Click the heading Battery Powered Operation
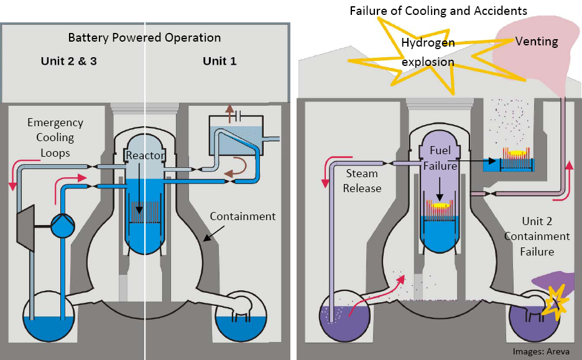click(144, 38)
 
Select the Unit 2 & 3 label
click(69, 61)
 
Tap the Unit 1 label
click(219, 61)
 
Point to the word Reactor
click(144, 155)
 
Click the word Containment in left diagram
click(242, 216)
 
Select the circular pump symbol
click(62, 225)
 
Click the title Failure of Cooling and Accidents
click(438, 11)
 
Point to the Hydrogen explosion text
click(427, 52)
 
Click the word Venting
click(537, 42)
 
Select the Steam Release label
click(363, 181)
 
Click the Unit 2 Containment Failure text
click(537, 236)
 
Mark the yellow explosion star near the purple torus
click(554, 300)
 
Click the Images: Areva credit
click(540, 351)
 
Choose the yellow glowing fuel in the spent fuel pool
click(515, 152)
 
